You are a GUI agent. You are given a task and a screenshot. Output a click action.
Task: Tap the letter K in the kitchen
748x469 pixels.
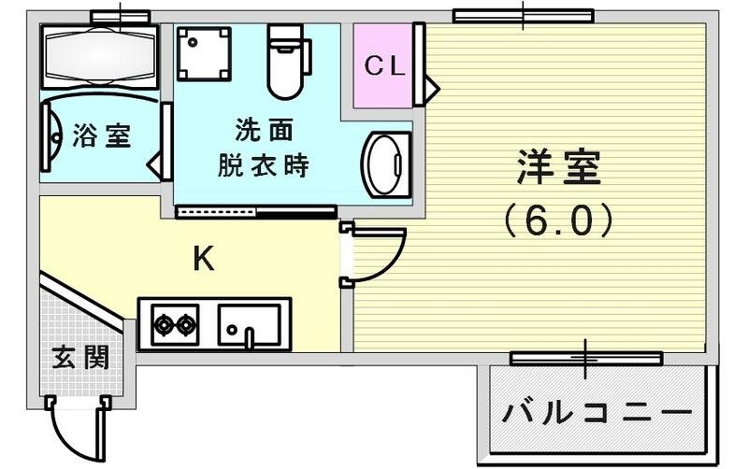(203, 260)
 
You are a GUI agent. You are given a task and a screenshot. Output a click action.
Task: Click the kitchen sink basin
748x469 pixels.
(250, 325)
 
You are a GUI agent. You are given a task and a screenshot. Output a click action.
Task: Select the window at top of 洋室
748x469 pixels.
(523, 15)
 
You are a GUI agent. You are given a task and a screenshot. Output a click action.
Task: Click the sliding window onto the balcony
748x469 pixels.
(586, 358)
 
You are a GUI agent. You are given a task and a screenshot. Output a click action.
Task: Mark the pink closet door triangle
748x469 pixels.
(431, 88)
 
